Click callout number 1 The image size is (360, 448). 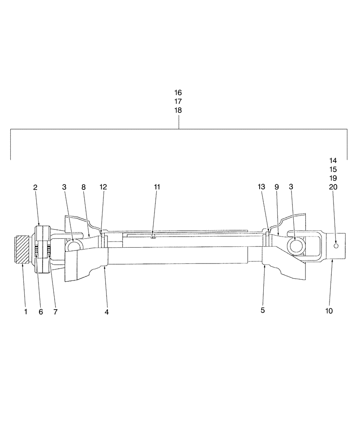click(x=26, y=311)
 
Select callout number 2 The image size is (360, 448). click(x=35, y=187)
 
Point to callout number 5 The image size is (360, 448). click(x=263, y=310)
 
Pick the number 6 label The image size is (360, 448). click(x=41, y=311)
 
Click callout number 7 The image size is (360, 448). click(x=56, y=311)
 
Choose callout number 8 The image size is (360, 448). click(x=84, y=187)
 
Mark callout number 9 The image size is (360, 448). click(x=276, y=187)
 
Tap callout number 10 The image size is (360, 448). click(x=329, y=311)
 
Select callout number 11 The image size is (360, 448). click(x=157, y=187)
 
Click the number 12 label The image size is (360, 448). click(x=103, y=187)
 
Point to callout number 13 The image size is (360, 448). click(x=262, y=187)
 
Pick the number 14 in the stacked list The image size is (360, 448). click(x=333, y=160)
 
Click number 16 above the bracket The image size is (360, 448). click(x=178, y=93)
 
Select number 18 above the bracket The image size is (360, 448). click(x=178, y=110)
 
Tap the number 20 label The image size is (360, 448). click(x=333, y=187)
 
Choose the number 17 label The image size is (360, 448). click(x=178, y=102)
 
